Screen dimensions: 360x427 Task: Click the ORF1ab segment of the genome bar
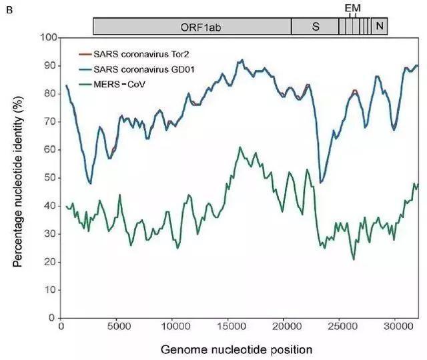[x=191, y=26]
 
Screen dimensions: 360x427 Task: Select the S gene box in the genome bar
[x=315, y=26]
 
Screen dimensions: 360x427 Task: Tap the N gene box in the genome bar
[x=379, y=26]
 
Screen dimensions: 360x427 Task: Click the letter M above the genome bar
[x=356, y=7]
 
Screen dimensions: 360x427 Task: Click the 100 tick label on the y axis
[x=45, y=37]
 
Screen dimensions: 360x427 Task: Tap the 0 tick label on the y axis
[x=51, y=318]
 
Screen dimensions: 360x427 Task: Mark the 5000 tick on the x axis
[x=117, y=328]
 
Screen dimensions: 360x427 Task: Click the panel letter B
[x=8, y=9]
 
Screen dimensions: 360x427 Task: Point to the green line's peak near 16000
[x=240, y=147]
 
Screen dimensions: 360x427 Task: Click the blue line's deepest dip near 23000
[x=321, y=182]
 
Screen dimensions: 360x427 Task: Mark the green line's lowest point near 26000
[x=354, y=259]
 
